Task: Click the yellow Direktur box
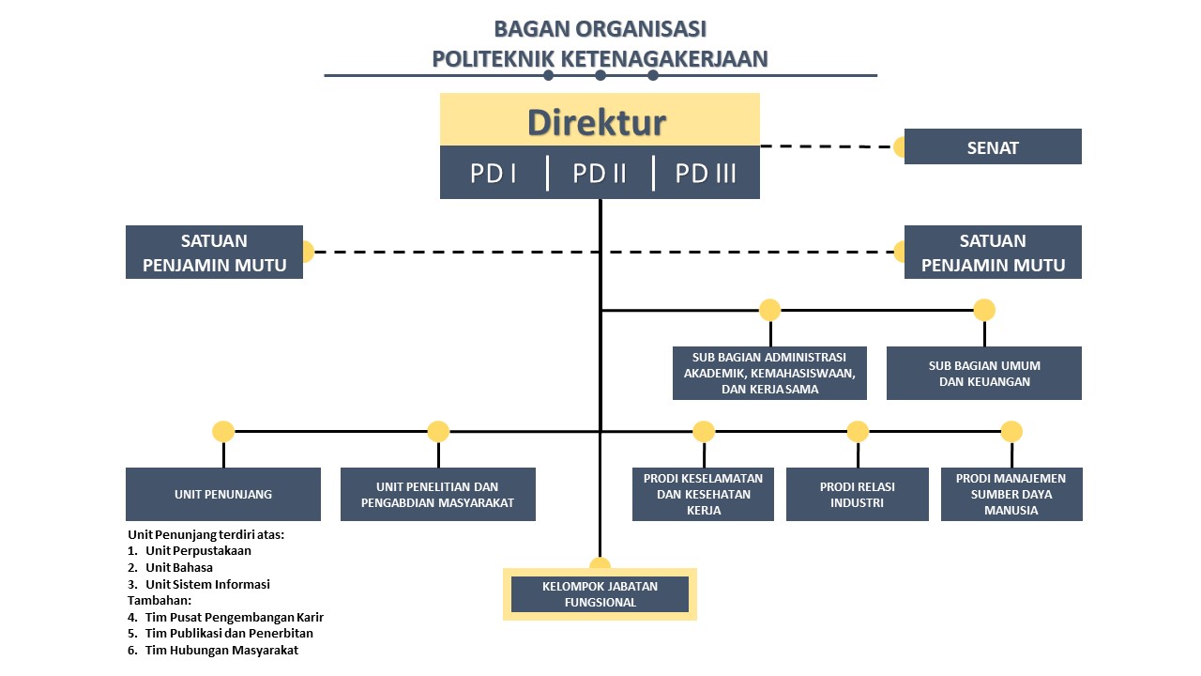click(600, 119)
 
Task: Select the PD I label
click(493, 174)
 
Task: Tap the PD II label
click(599, 174)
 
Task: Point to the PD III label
click(705, 174)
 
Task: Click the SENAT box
click(993, 146)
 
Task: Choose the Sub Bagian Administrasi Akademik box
click(769, 373)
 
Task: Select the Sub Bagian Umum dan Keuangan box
click(984, 373)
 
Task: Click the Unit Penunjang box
click(223, 494)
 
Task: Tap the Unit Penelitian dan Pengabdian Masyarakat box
click(437, 494)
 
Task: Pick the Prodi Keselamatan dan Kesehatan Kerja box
click(703, 494)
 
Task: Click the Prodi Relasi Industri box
click(858, 494)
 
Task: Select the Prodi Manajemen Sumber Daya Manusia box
click(1011, 494)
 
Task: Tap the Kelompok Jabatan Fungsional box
click(600, 594)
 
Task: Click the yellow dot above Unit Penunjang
click(223, 431)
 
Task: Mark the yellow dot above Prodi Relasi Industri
click(858, 431)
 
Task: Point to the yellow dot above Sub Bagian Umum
click(984, 310)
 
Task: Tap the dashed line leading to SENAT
click(828, 146)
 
